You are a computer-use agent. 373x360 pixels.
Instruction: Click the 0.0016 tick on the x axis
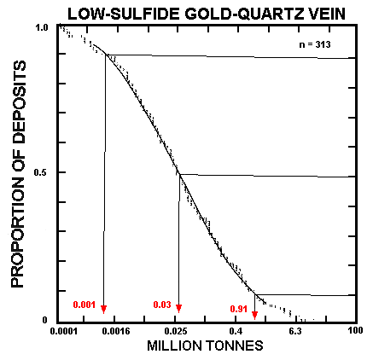click(x=119, y=331)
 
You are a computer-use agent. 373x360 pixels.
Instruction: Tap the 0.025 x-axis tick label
click(x=177, y=331)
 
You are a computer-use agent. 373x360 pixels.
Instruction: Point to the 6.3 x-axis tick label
click(x=294, y=331)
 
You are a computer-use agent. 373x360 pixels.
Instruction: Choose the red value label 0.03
click(x=161, y=305)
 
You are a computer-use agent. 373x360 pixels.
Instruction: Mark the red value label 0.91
click(x=238, y=308)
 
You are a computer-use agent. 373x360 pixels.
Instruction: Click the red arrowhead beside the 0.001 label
click(x=104, y=309)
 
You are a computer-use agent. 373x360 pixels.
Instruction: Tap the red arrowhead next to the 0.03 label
click(x=179, y=309)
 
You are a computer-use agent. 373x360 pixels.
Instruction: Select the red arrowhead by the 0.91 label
click(x=254, y=316)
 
